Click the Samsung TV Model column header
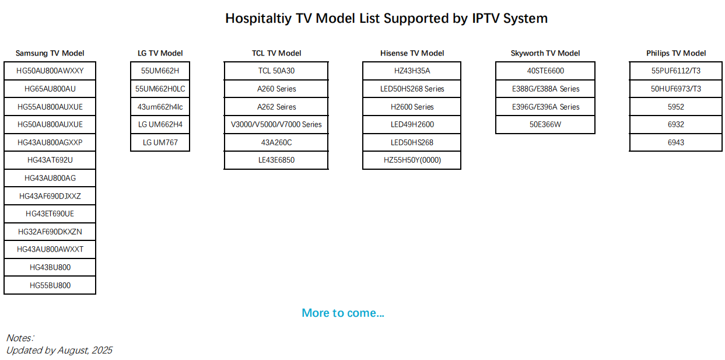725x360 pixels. [x=50, y=53]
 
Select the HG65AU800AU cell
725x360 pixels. [x=50, y=89]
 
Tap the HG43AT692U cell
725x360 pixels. [x=50, y=160]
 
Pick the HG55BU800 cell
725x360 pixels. [x=50, y=285]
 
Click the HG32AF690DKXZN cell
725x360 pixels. [x=50, y=232]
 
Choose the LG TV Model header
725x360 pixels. [x=160, y=53]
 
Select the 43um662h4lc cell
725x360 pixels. [x=160, y=107]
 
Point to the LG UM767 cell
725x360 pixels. [x=160, y=142]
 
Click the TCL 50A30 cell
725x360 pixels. [x=276, y=71]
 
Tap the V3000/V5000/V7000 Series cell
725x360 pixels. [x=276, y=125]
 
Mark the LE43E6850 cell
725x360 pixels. [x=276, y=160]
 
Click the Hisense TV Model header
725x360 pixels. [x=412, y=53]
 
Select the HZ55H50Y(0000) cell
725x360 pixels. [x=412, y=160]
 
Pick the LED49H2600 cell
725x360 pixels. [x=412, y=125]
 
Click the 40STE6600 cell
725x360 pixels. [x=545, y=71]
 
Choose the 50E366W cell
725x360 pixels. [x=545, y=125]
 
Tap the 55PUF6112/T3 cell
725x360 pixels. [x=676, y=71]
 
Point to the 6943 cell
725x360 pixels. [x=676, y=142]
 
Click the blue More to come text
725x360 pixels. [x=343, y=313]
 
